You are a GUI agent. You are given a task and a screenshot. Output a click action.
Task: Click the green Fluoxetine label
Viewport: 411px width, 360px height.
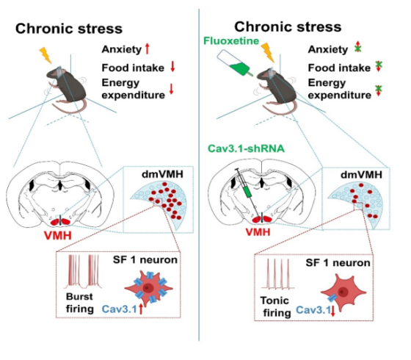[231, 41]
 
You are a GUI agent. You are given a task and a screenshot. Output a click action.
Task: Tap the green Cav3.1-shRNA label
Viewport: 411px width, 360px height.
[246, 148]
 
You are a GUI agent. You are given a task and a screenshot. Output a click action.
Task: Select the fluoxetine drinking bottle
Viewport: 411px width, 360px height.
[234, 62]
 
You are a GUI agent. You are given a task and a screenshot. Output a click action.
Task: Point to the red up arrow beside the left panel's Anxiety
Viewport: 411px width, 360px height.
[147, 48]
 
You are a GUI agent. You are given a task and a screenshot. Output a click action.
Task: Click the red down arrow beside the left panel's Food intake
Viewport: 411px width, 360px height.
[172, 67]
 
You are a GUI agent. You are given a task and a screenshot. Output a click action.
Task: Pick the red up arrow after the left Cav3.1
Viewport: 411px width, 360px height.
[141, 309]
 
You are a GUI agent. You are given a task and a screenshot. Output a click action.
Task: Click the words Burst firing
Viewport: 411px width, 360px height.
[80, 303]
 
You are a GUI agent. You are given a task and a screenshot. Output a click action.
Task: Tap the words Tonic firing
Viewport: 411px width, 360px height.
[276, 306]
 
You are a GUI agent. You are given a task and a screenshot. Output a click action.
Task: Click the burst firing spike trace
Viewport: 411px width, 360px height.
[84, 271]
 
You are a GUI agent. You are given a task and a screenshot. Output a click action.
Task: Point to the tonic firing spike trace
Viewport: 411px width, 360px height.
[278, 273]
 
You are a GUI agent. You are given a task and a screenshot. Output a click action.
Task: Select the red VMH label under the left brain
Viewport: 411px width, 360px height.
[58, 235]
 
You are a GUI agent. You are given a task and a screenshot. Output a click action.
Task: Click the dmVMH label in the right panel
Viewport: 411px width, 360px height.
[361, 175]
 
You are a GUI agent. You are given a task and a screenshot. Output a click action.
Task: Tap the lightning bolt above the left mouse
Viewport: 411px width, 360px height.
[46, 55]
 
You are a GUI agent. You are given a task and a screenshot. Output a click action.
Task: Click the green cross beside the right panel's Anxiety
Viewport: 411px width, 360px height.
[357, 48]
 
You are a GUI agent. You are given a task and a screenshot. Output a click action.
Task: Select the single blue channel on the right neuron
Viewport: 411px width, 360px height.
[332, 298]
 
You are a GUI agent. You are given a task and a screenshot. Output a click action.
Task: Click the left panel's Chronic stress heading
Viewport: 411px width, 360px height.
[69, 29]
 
